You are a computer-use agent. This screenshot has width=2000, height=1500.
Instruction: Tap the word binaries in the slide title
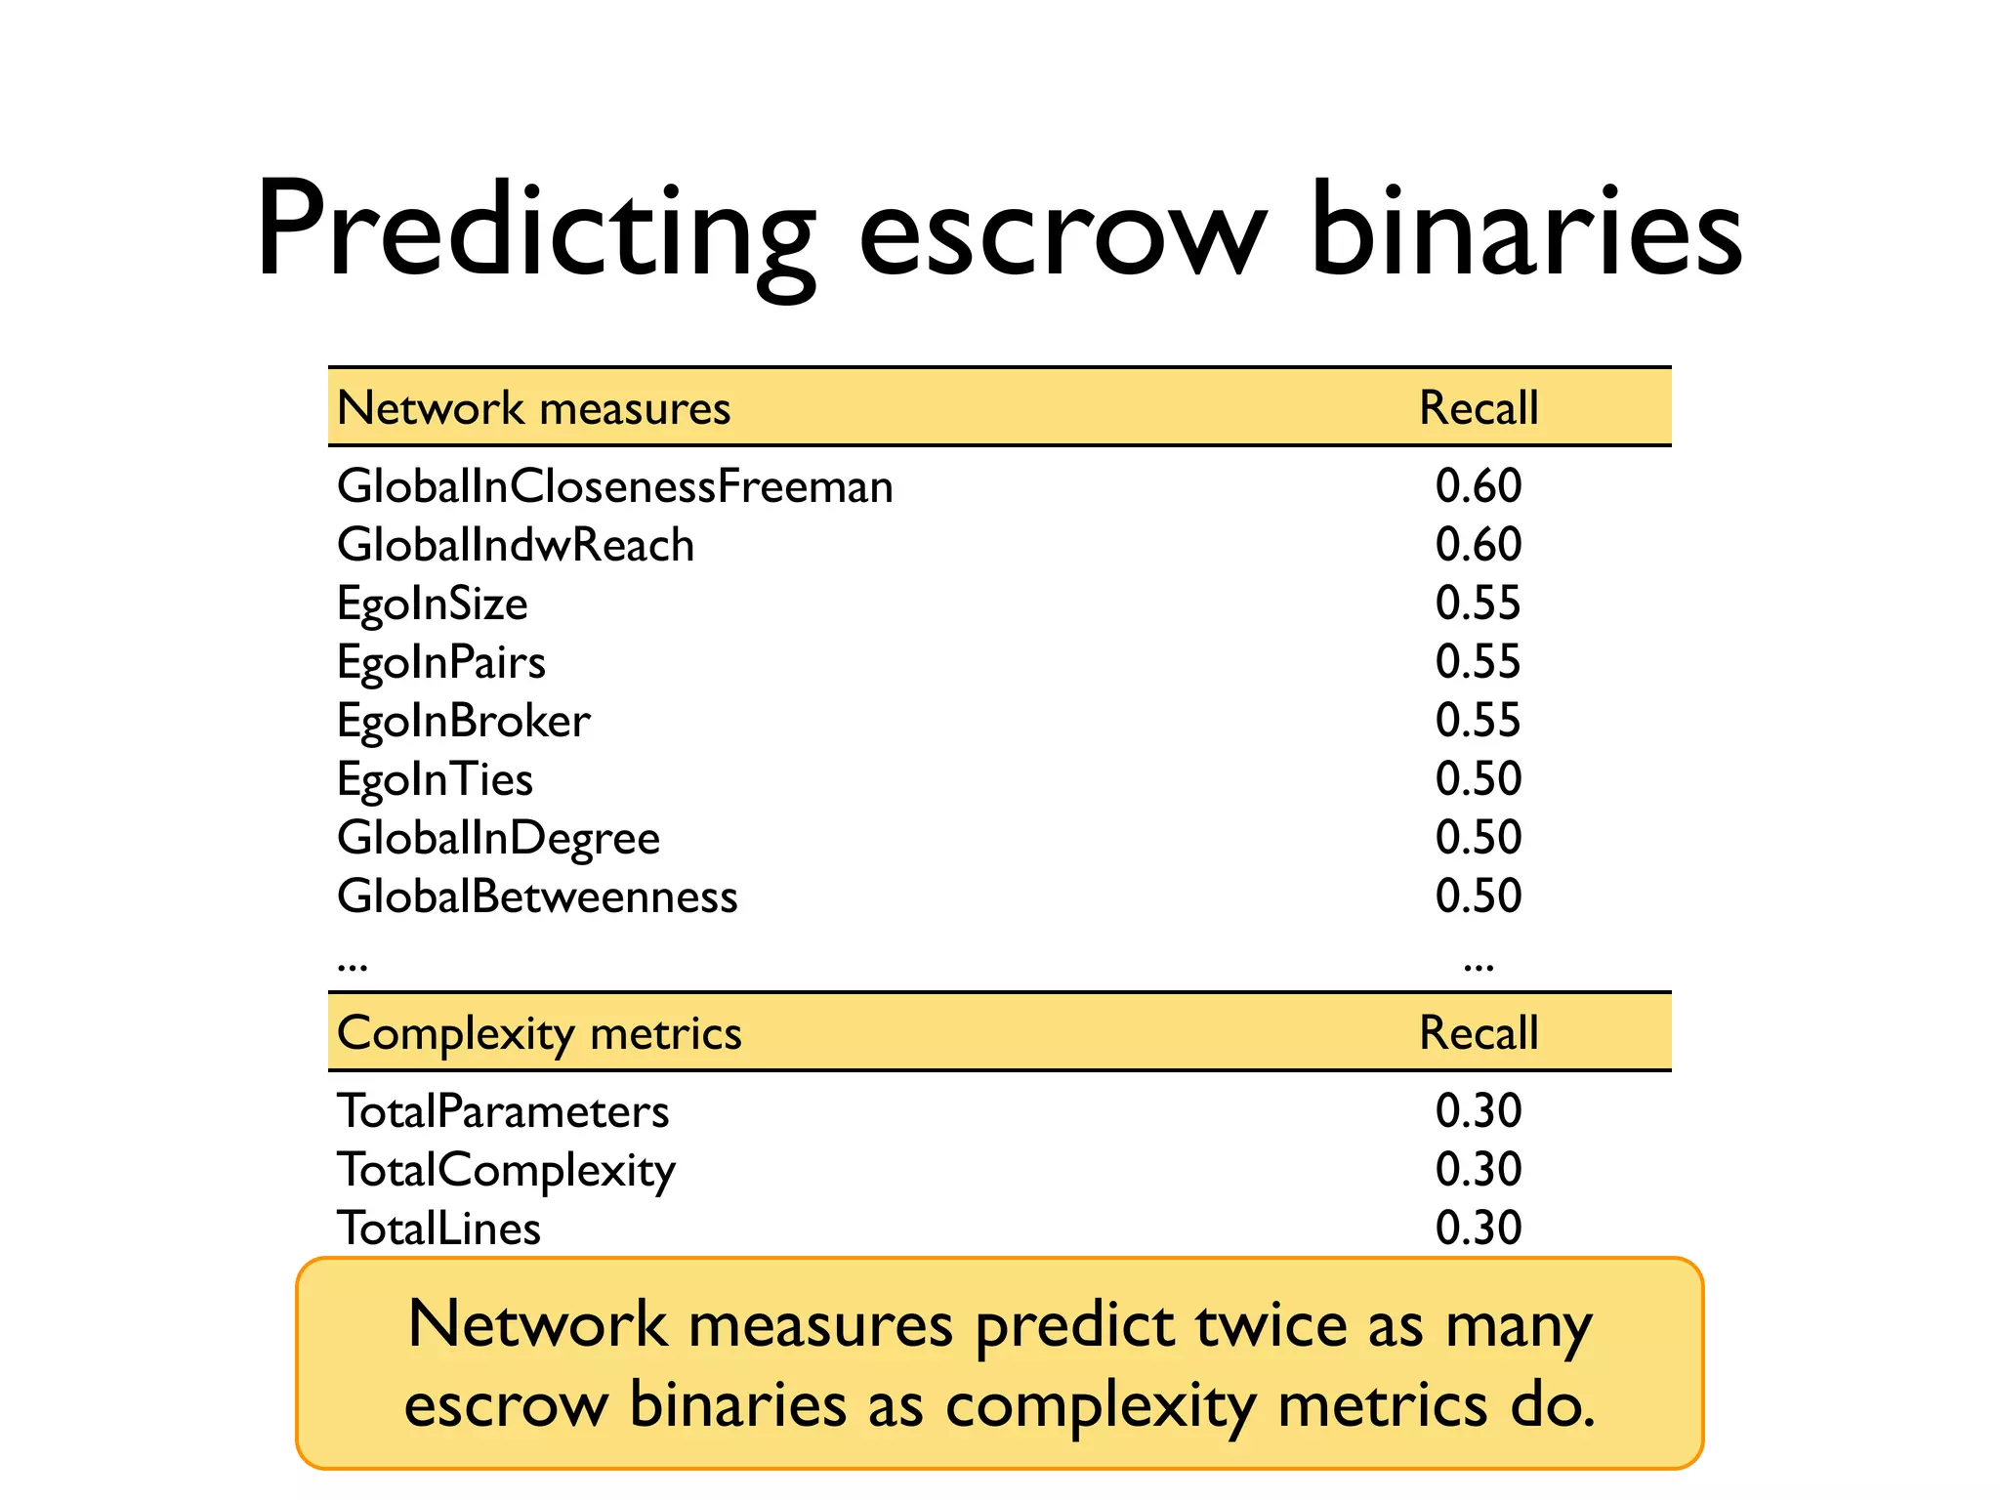coord(1525,230)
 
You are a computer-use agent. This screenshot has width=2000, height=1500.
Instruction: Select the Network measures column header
coord(533,408)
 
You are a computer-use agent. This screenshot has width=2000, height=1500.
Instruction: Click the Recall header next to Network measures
coord(1479,408)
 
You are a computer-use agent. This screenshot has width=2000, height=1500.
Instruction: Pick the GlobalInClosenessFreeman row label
coord(615,486)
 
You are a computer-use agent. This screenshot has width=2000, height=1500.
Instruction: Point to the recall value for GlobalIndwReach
coord(1479,545)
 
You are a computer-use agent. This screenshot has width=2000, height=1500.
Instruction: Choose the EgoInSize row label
coord(433,604)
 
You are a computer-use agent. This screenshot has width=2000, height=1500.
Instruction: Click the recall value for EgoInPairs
coord(1479,662)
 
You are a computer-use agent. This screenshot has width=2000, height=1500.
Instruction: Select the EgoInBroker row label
coord(464,722)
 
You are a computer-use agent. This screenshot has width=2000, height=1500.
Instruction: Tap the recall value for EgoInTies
coord(1479,779)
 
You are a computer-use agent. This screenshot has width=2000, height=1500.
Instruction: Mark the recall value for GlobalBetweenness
coord(1479,896)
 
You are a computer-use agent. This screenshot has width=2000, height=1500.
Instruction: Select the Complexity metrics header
coord(539,1033)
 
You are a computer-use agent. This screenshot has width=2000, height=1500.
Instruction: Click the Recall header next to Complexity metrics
coord(1479,1033)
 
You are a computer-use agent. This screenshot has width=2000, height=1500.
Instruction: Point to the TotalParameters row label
coord(503,1111)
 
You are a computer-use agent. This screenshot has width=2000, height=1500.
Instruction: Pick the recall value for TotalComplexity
coord(1479,1170)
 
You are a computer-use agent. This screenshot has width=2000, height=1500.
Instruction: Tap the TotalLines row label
coord(438,1229)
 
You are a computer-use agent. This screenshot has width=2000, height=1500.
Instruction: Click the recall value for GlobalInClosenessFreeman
coord(1479,486)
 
